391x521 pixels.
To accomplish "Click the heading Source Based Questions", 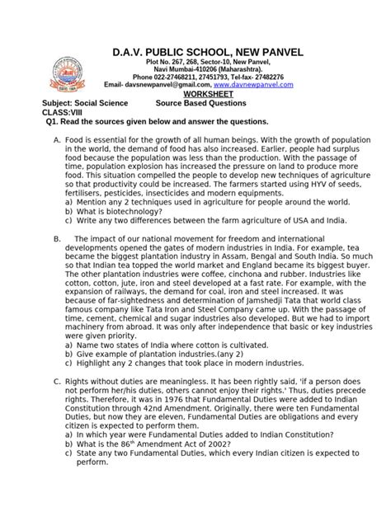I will point(201,103).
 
